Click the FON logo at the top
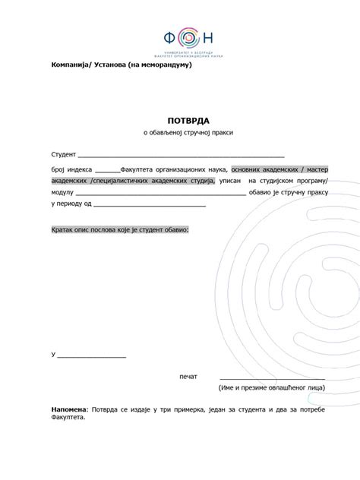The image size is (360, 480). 189,37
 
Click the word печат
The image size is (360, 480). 188,377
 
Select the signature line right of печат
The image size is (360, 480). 272,378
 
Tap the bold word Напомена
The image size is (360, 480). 69,410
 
